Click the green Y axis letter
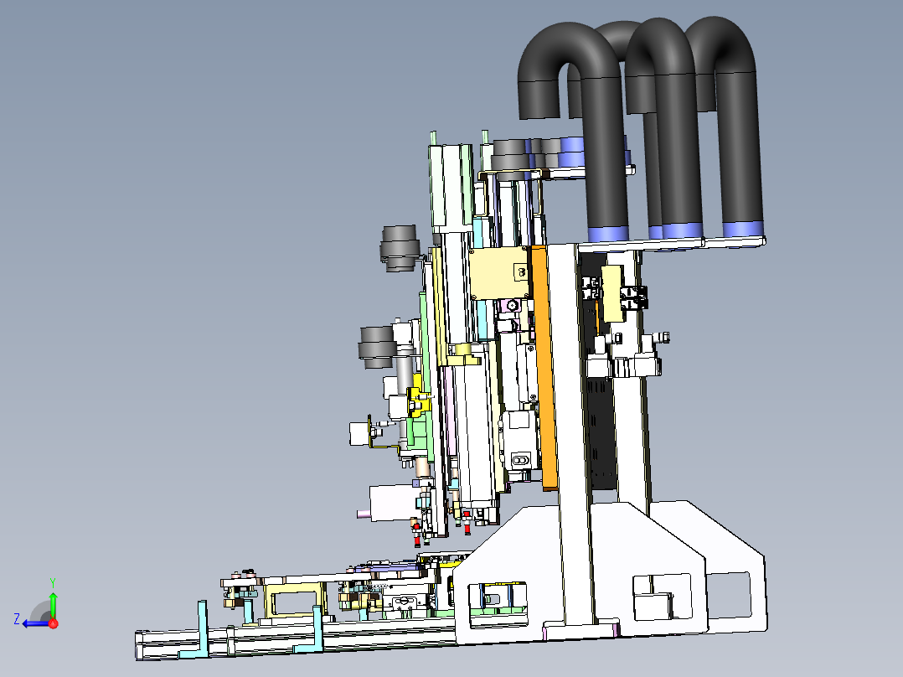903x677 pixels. coord(53,582)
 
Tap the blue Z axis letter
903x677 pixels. coord(17,619)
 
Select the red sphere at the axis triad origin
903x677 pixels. coord(54,623)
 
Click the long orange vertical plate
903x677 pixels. coord(545,368)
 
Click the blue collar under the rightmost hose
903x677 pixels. coord(744,230)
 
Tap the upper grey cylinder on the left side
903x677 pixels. coord(398,248)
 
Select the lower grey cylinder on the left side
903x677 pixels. coord(377,347)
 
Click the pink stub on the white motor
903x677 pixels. coord(364,514)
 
